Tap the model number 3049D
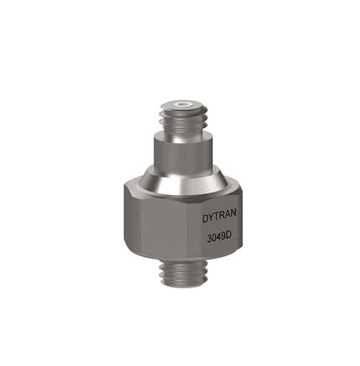tap(219, 239)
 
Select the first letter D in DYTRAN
tap(205, 219)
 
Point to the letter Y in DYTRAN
tap(211, 219)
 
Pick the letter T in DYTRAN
tap(216, 219)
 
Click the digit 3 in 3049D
tap(209, 240)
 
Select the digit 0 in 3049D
tap(214, 240)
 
